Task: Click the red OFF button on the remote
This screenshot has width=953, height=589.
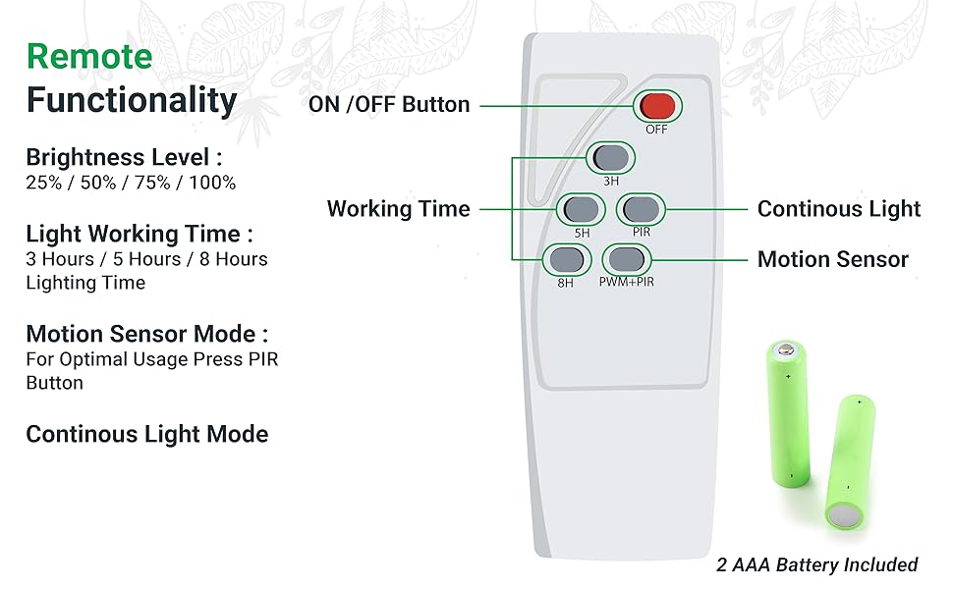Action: tap(655, 105)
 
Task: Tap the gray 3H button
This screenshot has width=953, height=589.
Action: tap(610, 157)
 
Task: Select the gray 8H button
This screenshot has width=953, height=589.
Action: tap(565, 259)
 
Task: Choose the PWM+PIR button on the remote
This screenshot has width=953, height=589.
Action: tap(626, 259)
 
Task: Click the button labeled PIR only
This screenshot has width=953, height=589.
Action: tap(641, 208)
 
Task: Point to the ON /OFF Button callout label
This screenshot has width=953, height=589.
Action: tap(389, 104)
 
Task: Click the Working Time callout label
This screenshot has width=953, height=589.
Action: tap(398, 208)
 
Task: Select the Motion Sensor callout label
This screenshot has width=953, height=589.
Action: tap(832, 259)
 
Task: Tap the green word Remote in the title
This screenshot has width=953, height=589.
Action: tap(89, 56)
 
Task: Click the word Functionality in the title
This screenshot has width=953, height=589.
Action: tap(132, 100)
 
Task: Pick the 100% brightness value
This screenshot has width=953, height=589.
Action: tap(212, 183)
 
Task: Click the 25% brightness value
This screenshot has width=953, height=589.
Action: tap(43, 183)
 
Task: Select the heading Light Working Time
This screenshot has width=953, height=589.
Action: tap(140, 234)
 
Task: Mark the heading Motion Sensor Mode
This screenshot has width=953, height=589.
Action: tap(147, 334)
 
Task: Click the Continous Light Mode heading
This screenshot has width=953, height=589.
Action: tap(147, 434)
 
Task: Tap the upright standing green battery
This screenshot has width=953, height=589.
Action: tap(788, 412)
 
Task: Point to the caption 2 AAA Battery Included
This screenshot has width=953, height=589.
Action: tap(815, 564)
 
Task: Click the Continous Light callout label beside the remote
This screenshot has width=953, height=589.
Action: tap(839, 208)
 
